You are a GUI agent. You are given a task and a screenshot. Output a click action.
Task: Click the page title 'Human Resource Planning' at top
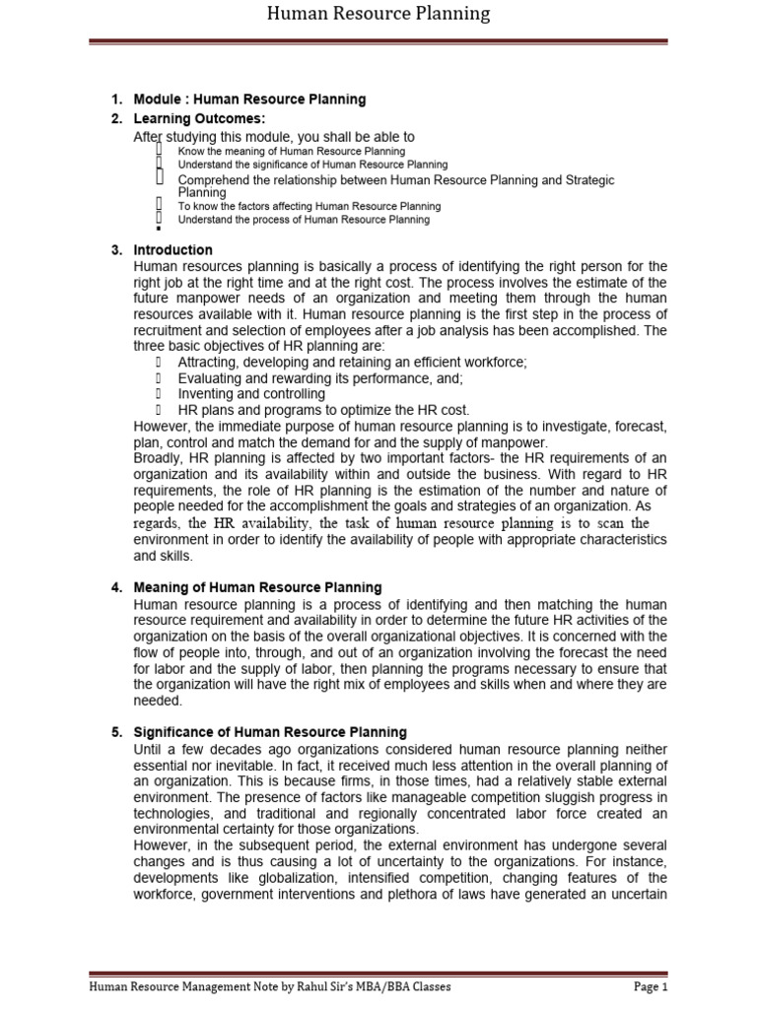[x=379, y=14]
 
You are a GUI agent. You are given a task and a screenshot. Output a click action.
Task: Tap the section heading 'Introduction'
[x=172, y=250]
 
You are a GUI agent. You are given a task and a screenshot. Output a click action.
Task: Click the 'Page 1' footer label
[x=651, y=986]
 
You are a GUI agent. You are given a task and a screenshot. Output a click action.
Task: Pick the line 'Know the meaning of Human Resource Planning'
[x=291, y=152]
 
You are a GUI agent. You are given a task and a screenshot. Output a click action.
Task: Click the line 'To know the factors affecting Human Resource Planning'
[x=309, y=207]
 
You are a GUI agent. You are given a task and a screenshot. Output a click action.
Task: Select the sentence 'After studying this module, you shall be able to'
[x=274, y=137]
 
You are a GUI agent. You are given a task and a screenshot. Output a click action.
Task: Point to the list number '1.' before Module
[x=116, y=100]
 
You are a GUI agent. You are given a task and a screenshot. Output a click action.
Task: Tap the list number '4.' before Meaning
[x=116, y=587]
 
